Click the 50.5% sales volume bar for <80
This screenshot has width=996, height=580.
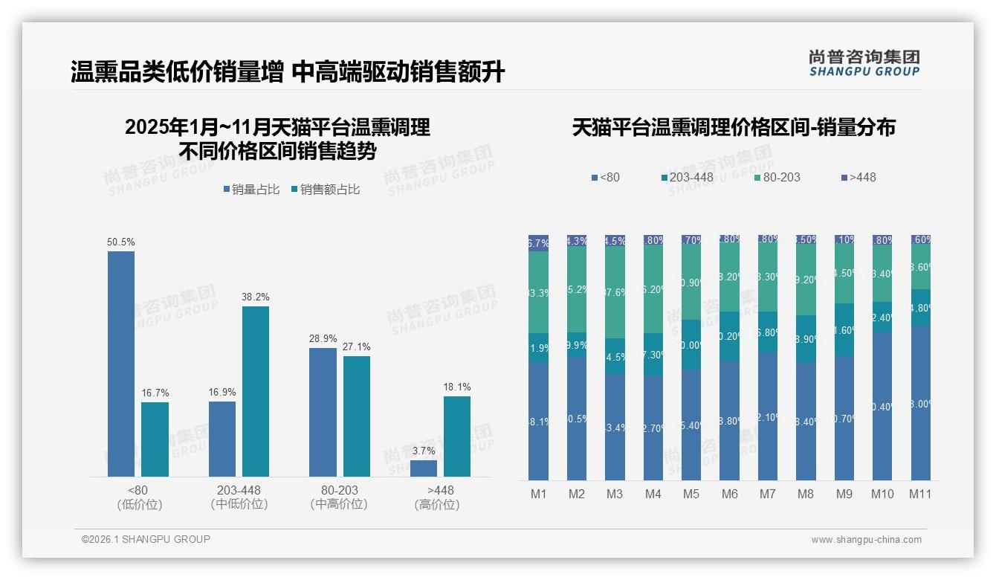[121, 364]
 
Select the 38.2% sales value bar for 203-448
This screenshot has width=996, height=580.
[256, 391]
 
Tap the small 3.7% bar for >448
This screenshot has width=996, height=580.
[424, 468]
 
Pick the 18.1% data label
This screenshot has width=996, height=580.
[457, 387]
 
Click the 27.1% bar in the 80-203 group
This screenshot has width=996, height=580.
[357, 416]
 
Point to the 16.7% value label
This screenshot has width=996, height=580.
[155, 393]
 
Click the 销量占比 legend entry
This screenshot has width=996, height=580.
[251, 190]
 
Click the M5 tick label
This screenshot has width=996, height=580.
[691, 494]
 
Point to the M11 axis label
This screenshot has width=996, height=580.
[921, 494]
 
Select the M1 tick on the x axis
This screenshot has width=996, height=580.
[538, 494]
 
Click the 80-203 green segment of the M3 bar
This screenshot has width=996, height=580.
[615, 292]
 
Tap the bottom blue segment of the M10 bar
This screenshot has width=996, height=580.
[882, 405]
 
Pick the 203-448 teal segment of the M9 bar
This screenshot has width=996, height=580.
[844, 329]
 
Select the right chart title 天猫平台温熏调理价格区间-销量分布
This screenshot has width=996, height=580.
[733, 128]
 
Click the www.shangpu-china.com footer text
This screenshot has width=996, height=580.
[866, 540]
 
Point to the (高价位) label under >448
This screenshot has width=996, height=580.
[437, 505]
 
